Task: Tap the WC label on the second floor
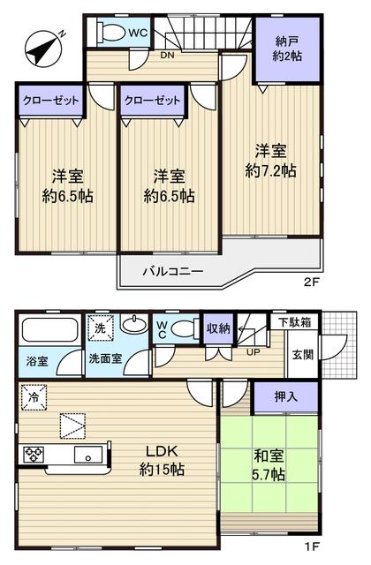pyautogui.click(x=138, y=33)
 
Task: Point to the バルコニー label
pyautogui.click(x=174, y=271)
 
